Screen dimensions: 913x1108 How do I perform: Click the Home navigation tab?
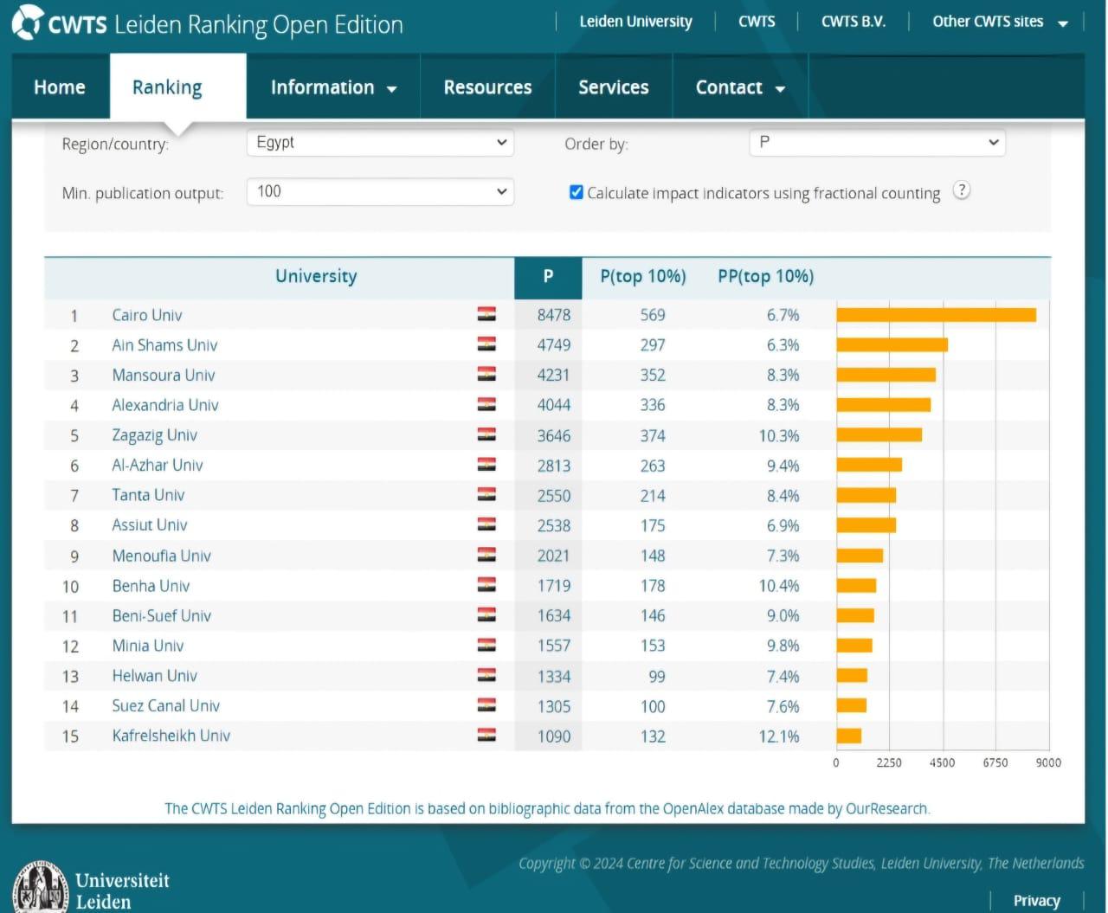coord(59,87)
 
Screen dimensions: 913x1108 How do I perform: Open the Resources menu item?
coord(487,87)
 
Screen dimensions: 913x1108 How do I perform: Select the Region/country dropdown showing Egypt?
coord(380,143)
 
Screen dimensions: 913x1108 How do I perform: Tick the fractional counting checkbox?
coord(577,192)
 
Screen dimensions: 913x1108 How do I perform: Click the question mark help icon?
coord(961,190)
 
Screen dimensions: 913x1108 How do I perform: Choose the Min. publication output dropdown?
coord(380,191)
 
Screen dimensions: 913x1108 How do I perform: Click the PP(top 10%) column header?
coord(765,277)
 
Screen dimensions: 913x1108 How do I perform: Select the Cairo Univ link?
coord(147,315)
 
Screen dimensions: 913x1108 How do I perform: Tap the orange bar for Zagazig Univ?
coord(879,435)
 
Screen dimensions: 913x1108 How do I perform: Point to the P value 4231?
coord(554,375)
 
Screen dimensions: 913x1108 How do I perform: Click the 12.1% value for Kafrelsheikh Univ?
coord(778,736)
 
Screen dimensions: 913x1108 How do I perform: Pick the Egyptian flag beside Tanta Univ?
coord(486,495)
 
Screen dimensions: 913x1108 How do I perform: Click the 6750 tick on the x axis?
coord(995,762)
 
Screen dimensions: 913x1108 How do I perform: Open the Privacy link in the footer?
coord(1036,901)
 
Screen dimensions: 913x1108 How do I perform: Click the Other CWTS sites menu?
coord(999,22)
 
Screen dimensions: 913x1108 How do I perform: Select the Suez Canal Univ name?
coord(166,706)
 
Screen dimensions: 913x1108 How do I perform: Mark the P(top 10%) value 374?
coord(653,435)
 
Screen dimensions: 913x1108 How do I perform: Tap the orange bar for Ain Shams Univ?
coord(892,345)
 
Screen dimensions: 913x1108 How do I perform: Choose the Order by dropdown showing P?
coord(877,143)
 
